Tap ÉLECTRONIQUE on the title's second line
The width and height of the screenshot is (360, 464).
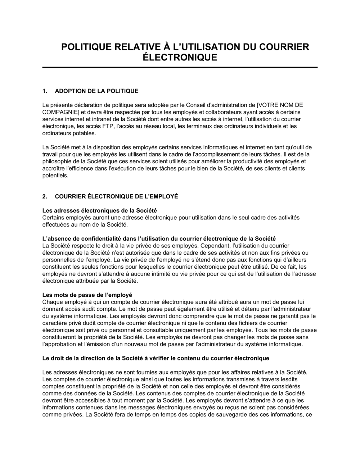point(180,58)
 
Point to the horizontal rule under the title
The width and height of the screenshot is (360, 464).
point(180,67)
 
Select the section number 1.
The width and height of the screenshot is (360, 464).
point(45,91)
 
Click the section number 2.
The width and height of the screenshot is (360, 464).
point(45,196)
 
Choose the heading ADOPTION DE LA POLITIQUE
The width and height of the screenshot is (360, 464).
point(96,91)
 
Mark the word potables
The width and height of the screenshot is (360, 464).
point(83,133)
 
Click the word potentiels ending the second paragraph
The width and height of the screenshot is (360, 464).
point(55,176)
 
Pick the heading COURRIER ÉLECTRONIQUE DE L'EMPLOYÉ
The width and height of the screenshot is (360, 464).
point(116,196)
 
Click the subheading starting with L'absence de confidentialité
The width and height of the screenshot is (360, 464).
point(159,238)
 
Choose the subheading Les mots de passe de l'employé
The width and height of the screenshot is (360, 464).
point(87,295)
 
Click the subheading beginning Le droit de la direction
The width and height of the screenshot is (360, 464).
point(156,358)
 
